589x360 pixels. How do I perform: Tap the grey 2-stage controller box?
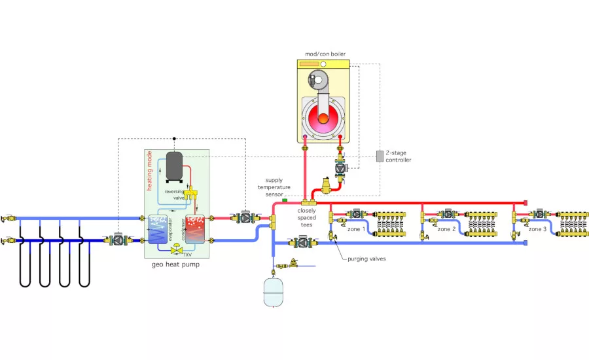pos(380,156)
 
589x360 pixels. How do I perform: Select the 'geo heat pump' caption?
pos(175,266)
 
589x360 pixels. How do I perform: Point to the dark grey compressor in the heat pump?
pos(174,166)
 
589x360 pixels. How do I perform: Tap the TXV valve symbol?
pos(176,249)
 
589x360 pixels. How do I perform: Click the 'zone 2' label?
pos(447,230)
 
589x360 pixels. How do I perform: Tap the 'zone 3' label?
pos(538,230)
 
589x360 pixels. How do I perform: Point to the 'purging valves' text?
pos(367,259)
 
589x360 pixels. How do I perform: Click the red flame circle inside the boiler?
pos(322,118)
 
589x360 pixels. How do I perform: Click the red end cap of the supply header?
pos(525,203)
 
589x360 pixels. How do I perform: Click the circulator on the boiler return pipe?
pos(341,167)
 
